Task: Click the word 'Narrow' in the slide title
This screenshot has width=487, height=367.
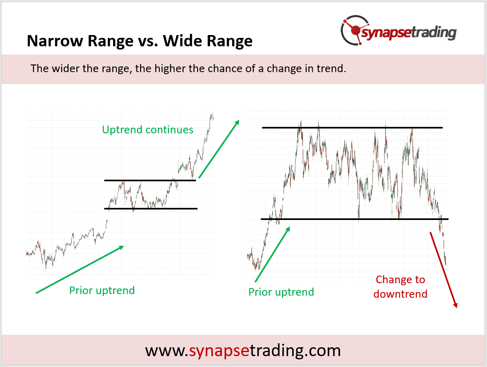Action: [x=55, y=41]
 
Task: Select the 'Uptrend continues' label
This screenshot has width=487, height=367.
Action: [x=148, y=130]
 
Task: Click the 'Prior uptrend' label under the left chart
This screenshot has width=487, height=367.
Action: [x=102, y=290]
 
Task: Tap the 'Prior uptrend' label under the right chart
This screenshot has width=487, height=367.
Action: [x=281, y=292]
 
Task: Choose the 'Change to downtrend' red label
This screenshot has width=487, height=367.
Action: [x=400, y=287]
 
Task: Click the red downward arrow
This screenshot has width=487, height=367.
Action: [x=444, y=270]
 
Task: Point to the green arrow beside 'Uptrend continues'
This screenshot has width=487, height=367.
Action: [x=219, y=149]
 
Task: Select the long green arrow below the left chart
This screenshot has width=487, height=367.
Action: [x=80, y=270]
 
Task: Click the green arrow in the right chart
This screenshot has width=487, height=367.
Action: [x=272, y=254]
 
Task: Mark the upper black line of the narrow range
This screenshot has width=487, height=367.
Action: [x=150, y=180]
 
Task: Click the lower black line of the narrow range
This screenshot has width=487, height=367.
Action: [x=151, y=209]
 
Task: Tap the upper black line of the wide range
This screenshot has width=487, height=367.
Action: [x=352, y=128]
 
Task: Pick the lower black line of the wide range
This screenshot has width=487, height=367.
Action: [x=355, y=219]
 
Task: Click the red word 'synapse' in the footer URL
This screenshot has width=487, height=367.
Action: [x=219, y=351]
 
